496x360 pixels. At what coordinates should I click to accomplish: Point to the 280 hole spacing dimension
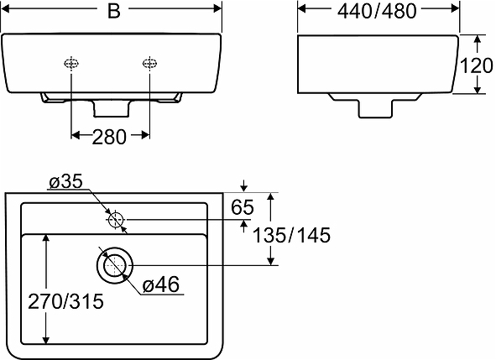coord(110,137)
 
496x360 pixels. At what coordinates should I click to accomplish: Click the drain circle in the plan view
coord(114,264)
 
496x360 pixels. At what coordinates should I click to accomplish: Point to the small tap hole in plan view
coord(116,220)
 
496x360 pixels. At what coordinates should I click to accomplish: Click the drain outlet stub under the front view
coord(110,107)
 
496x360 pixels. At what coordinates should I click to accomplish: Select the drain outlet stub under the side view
coord(376,107)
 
